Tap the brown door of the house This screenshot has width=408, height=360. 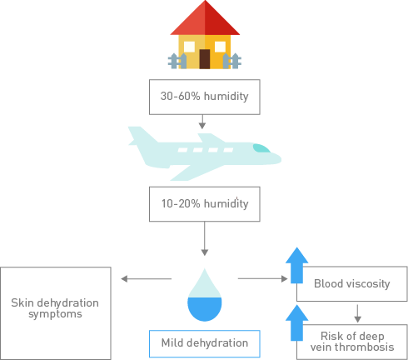coord(205,59)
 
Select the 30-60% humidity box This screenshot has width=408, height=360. coord(205,97)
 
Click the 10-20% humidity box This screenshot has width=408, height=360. coord(205,204)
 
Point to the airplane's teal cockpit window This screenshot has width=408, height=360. coord(261,148)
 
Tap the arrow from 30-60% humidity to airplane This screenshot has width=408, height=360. coord(202,122)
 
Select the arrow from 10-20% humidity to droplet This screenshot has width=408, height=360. coord(205,238)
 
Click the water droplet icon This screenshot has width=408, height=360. coord(205,295)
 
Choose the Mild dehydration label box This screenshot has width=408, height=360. coord(205,343)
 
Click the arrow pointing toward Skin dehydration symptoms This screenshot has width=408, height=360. coord(147,278)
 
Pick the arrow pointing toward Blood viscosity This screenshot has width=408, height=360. coord(263,278)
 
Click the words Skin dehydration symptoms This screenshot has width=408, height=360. coord(55,308)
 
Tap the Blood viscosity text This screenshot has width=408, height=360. coord(352,283)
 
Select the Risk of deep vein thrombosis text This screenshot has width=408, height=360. coord(352,342)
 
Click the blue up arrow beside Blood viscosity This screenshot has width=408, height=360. coord(296,266)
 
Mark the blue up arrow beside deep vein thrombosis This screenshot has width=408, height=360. coord(296,322)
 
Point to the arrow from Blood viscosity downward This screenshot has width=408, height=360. coord(357,313)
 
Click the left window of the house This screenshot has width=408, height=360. coord(189,47)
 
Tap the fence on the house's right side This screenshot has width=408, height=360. coord(232,61)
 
